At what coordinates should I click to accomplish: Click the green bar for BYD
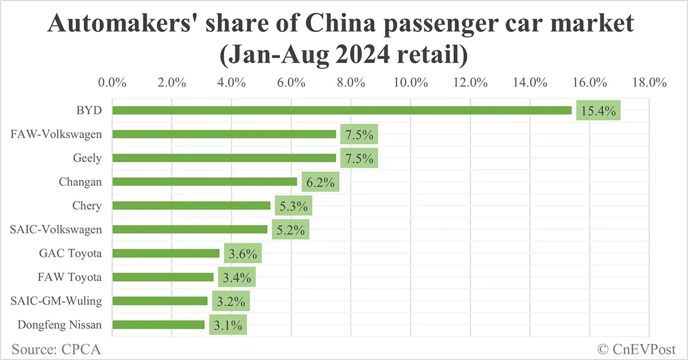click(x=342, y=110)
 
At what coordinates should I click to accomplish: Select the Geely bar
click(x=224, y=158)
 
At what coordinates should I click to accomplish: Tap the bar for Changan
click(x=205, y=182)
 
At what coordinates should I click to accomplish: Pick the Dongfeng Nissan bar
click(x=158, y=324)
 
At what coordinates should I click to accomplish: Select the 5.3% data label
click(x=293, y=206)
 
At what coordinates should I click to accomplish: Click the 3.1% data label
click(x=228, y=326)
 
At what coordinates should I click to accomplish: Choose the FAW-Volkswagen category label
click(x=56, y=134)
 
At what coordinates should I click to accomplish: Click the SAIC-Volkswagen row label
click(x=56, y=229)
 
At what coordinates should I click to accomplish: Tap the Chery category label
click(x=87, y=205)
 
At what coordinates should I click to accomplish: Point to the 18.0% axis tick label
click(x=649, y=82)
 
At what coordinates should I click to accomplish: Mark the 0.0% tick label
click(x=112, y=82)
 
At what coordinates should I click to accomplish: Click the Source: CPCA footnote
click(x=52, y=348)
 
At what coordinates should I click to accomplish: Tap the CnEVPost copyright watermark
click(x=637, y=348)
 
